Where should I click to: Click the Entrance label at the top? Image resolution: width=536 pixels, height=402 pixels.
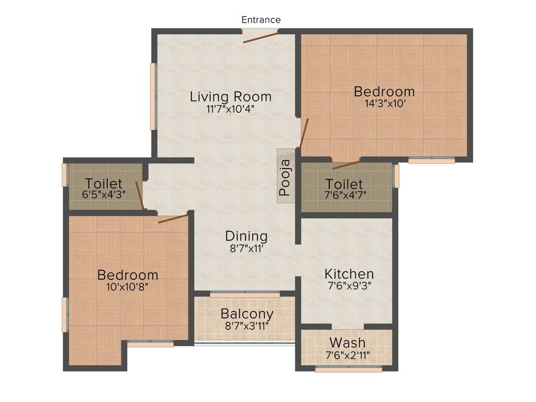(261, 20)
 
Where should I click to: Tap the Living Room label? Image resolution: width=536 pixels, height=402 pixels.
(230, 97)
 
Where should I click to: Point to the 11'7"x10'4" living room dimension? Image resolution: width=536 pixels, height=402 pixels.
(230, 109)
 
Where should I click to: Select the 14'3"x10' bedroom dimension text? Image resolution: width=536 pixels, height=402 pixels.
(385, 104)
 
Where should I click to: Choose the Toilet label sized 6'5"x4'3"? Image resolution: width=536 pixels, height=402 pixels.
(104, 184)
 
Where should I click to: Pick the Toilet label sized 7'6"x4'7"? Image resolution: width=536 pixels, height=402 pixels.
(344, 184)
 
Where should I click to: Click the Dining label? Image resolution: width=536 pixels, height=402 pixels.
(246, 236)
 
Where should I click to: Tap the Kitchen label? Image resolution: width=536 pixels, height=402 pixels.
(349, 274)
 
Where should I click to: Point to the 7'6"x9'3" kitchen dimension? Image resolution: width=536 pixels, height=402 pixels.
(349, 286)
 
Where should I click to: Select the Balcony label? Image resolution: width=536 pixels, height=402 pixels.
(247, 314)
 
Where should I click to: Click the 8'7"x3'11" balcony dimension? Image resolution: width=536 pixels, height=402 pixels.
(247, 326)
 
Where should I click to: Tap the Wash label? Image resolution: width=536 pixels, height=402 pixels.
(348, 343)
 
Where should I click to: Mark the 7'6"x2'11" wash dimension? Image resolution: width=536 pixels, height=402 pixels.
(348, 355)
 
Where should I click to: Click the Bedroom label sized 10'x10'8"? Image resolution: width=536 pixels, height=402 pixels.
(128, 275)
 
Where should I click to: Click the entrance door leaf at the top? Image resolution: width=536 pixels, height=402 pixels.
(261, 36)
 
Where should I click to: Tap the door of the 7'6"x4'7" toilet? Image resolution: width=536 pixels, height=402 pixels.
(346, 164)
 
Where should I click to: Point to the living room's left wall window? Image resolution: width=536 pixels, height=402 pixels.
(153, 96)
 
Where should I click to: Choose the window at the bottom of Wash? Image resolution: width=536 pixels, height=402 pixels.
(349, 370)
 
